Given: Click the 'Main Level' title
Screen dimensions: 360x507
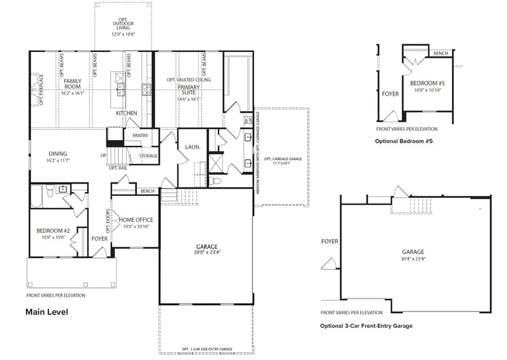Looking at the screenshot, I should [x=46, y=312].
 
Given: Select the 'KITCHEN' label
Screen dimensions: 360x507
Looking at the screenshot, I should [x=126, y=113].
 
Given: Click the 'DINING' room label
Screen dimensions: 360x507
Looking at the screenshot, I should [x=58, y=153].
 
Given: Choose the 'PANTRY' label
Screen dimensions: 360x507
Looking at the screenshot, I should [x=141, y=136].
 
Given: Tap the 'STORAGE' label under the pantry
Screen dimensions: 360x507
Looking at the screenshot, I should [x=148, y=156].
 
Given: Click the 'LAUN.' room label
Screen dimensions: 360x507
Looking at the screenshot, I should [x=193, y=147].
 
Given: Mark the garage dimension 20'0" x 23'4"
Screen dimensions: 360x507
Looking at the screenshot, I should [x=207, y=252].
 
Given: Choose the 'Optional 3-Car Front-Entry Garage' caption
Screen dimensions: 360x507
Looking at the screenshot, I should [x=366, y=326].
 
